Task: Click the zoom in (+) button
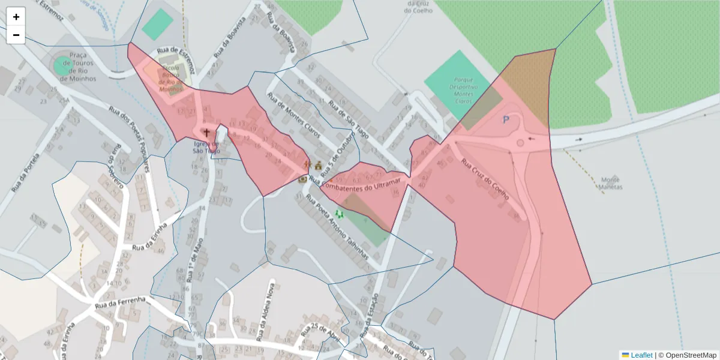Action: (x=16, y=17)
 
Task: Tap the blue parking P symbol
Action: (x=506, y=120)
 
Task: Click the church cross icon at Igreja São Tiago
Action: (x=207, y=133)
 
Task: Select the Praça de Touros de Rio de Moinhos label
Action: (x=82, y=66)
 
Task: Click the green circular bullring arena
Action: (x=62, y=66)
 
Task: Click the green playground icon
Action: (x=340, y=214)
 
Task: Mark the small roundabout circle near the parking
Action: (x=520, y=143)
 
